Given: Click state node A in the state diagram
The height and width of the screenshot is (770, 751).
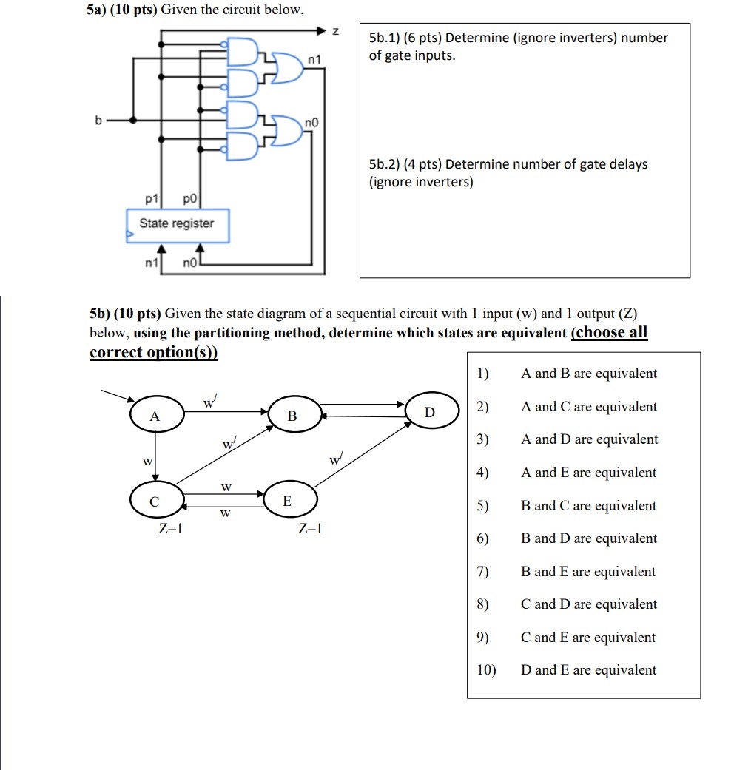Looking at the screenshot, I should tap(156, 416).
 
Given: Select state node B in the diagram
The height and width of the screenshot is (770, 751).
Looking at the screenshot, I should tap(293, 416).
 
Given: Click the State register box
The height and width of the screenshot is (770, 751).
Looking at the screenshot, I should tap(178, 224).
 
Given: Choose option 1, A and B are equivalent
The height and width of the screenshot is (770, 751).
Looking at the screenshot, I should tap(588, 374).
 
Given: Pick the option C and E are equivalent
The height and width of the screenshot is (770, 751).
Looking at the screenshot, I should tap(588, 638).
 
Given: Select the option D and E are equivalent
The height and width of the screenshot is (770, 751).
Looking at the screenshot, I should tap(588, 670).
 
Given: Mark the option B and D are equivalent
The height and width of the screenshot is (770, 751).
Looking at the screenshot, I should tap(588, 538).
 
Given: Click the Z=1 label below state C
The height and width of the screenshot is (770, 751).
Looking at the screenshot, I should tap(170, 529).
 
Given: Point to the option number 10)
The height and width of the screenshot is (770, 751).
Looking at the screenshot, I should tap(485, 670).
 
